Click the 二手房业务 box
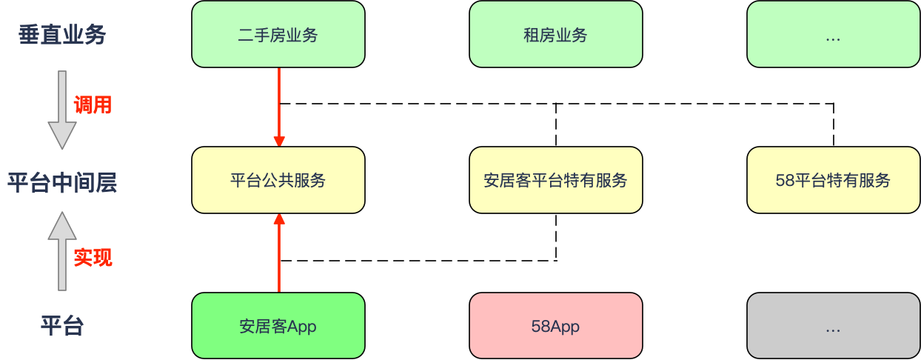(278, 34)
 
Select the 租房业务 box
(556, 34)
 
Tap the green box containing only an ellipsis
(834, 34)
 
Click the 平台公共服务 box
(278, 180)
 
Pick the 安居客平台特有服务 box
(556, 180)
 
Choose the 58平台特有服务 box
(834, 180)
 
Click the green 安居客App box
(278, 325)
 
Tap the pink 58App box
(556, 325)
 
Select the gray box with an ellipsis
(834, 325)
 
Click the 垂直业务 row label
(62, 35)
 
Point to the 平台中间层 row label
(62, 183)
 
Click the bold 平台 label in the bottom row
(62, 325)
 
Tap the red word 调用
(93, 105)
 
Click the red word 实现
(93, 258)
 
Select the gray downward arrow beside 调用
(62, 110)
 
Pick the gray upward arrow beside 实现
(62, 251)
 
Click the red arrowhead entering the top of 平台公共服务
(279, 141)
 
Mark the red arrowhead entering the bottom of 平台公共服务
(279, 219)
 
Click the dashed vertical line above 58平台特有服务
(834, 125)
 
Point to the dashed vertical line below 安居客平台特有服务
(556, 237)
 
